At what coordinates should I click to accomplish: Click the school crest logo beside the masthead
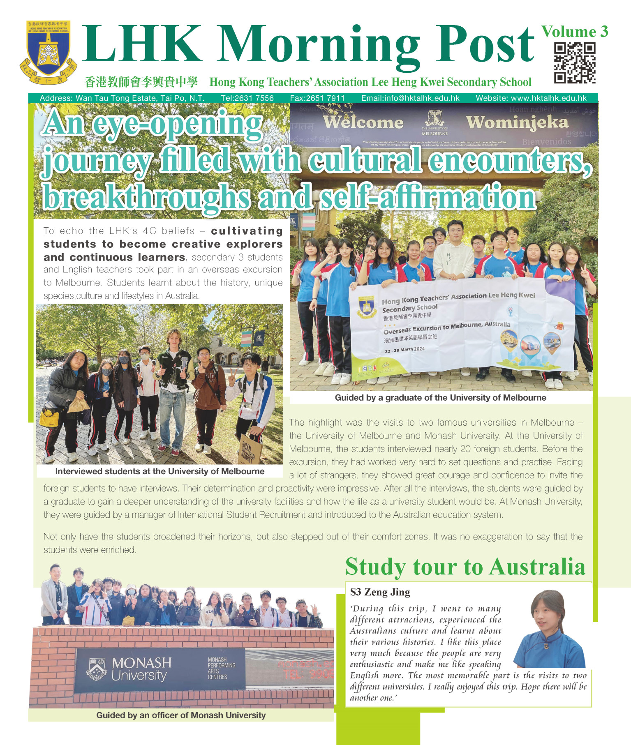(48, 52)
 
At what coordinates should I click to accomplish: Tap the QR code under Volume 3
(574, 63)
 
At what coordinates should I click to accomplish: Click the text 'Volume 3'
(574, 32)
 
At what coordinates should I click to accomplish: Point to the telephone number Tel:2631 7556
(247, 98)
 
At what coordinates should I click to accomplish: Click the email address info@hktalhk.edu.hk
(410, 98)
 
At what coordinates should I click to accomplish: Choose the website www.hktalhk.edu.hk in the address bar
(531, 98)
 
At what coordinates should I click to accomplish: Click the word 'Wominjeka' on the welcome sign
(517, 122)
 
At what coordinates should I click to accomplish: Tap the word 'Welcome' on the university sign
(363, 122)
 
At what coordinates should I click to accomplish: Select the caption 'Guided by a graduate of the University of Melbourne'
(440, 398)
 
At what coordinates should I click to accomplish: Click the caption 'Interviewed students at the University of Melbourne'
(159, 471)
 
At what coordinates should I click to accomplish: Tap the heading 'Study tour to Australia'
(465, 567)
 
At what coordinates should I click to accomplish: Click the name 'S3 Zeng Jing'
(380, 592)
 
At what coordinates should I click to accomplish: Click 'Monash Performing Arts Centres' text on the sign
(221, 668)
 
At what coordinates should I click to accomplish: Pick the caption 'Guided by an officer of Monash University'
(181, 715)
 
